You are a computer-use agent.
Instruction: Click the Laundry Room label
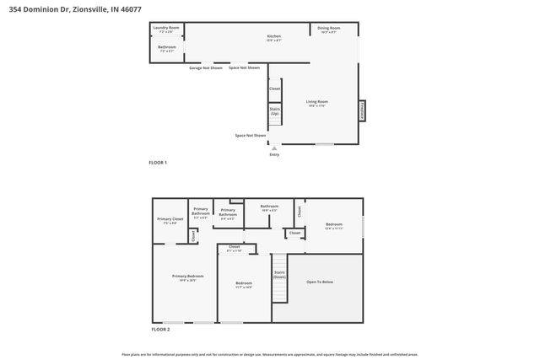165,29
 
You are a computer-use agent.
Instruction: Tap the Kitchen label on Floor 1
273,37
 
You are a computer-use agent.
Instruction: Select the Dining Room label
328,30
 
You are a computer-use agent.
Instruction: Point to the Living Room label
316,103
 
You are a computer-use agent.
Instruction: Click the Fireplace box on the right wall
364,110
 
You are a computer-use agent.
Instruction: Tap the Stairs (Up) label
274,110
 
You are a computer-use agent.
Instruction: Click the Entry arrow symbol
273,148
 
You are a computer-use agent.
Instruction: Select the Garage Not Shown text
206,67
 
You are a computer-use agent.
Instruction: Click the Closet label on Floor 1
274,88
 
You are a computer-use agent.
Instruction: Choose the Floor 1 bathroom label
166,48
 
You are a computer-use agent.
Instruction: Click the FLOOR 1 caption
159,162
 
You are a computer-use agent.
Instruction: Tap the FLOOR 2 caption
160,329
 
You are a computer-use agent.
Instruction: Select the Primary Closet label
170,220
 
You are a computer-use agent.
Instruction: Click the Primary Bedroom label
185,277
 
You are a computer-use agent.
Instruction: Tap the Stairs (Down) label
279,274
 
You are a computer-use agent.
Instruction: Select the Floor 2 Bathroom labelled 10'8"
269,207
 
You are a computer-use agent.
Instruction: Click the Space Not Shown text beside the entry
251,135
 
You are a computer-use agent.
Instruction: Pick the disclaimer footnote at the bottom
270,354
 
